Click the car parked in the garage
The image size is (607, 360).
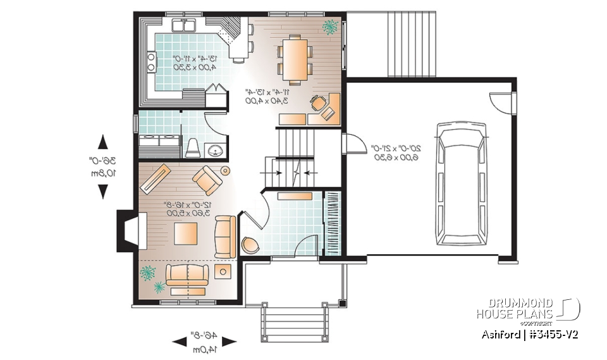[464, 184]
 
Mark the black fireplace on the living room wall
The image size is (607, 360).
[124, 234]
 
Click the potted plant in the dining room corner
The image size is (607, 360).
[329, 27]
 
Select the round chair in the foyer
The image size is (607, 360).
[250, 245]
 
